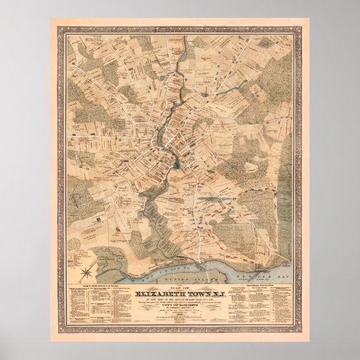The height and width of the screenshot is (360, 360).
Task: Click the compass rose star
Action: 87,272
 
